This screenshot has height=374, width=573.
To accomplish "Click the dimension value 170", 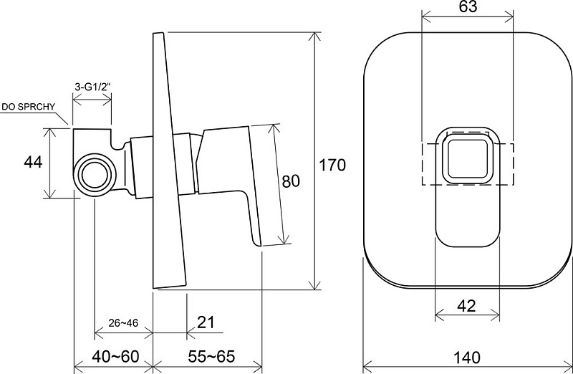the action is click(x=332, y=165).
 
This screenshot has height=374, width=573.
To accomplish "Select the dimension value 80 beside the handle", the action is click(x=291, y=181).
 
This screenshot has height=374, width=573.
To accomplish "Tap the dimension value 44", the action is click(x=33, y=162).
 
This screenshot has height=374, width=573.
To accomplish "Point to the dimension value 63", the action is click(x=468, y=6).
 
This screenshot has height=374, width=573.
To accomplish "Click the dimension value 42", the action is click(x=467, y=306).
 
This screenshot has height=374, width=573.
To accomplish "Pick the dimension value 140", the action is click(x=468, y=358).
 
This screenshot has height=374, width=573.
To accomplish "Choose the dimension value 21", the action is click(x=206, y=322).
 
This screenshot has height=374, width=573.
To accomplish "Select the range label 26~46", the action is click(x=123, y=323).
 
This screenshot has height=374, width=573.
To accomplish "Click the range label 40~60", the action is click(x=115, y=357).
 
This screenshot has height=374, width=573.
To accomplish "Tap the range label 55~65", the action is click(x=211, y=357).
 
